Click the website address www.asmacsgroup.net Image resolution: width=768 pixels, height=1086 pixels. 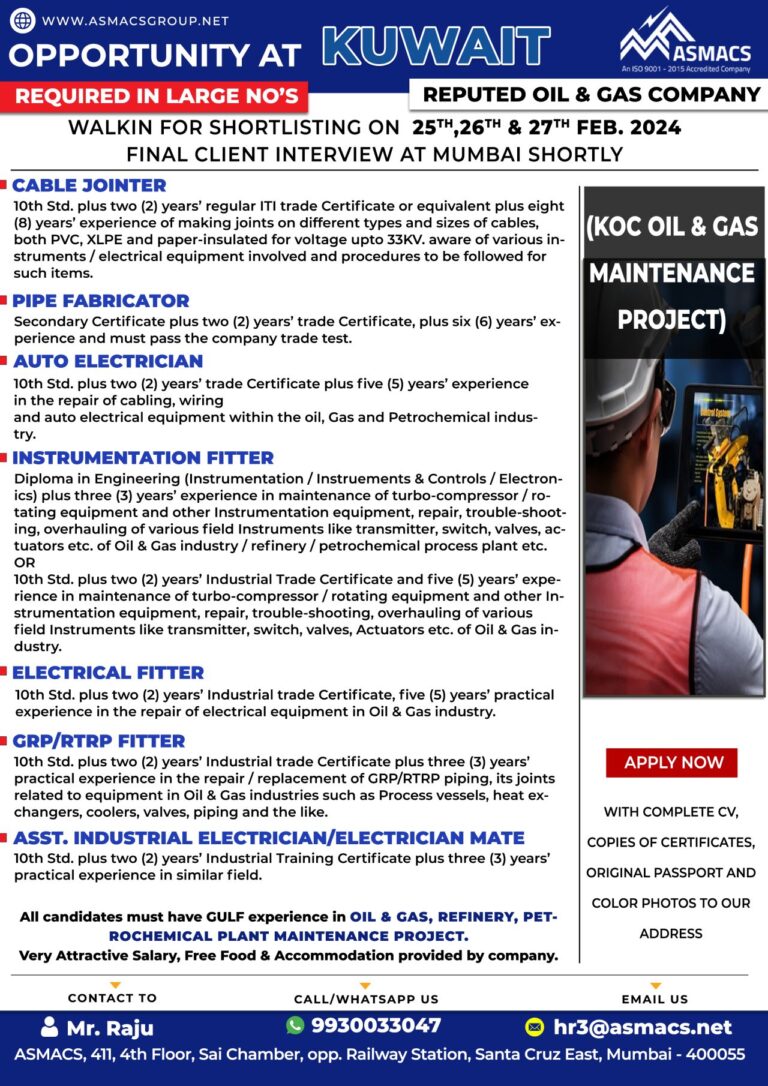point(135,20)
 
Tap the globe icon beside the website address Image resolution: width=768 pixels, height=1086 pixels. point(22,20)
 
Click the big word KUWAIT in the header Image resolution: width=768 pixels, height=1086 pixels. point(437,46)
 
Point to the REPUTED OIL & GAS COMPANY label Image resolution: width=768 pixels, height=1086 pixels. point(591,95)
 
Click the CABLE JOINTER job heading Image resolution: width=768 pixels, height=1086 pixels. point(89,185)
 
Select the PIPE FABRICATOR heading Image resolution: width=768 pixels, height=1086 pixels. point(100,300)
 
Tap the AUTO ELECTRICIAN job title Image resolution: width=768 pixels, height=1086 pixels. point(107,361)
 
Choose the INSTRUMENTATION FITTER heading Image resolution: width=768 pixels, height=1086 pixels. point(142,458)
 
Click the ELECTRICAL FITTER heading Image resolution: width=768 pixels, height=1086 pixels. point(107,673)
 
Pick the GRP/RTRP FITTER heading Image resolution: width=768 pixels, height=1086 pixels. point(98,741)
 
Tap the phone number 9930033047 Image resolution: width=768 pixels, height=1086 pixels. point(376,1026)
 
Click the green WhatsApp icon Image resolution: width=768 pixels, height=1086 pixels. point(295,1025)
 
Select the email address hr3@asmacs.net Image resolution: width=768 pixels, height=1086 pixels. point(641,1027)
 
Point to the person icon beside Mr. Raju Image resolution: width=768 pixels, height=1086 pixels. point(49,1027)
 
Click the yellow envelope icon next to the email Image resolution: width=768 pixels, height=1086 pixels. point(535,1027)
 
